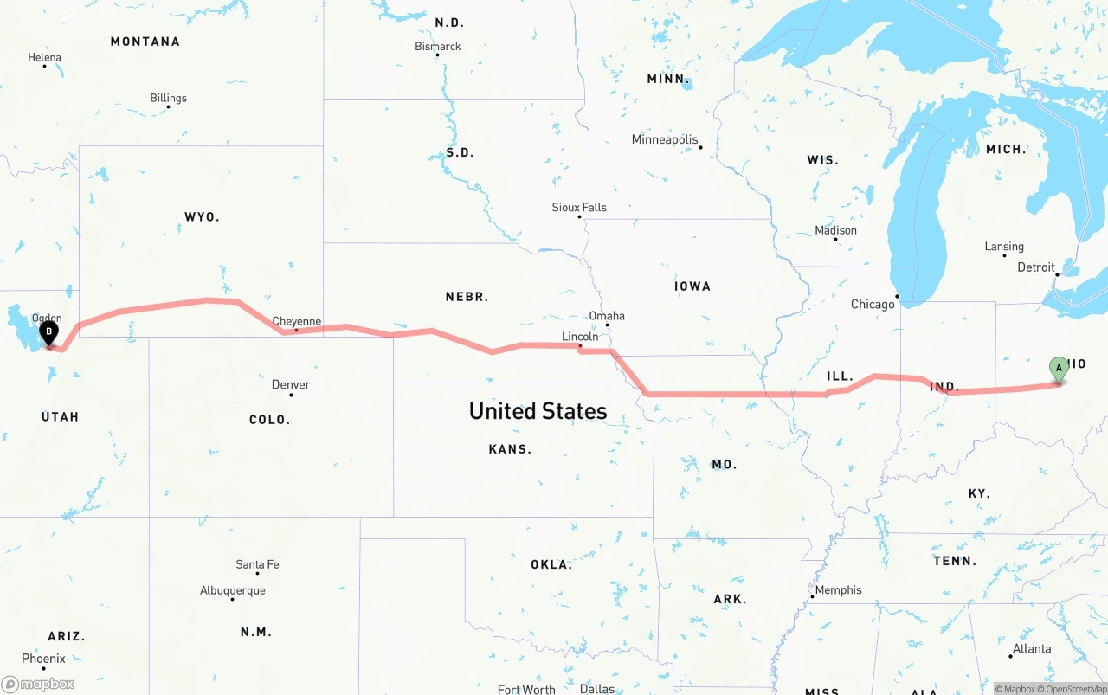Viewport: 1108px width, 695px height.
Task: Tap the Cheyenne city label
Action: [x=297, y=321]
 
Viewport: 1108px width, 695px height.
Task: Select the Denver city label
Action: [x=291, y=384]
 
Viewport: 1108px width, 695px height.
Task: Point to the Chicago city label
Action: [x=873, y=304]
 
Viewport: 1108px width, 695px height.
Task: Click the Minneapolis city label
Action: [x=665, y=139]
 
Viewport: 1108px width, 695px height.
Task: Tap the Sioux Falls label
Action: [x=579, y=207]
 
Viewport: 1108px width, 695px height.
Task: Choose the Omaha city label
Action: [x=607, y=316]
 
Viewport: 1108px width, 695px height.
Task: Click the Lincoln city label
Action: [x=580, y=336]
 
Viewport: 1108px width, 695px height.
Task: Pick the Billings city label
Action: [x=168, y=98]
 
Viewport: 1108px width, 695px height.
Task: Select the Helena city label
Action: [x=45, y=57]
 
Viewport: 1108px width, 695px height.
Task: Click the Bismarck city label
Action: [x=438, y=46]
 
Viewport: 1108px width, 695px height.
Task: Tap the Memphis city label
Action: [x=838, y=589]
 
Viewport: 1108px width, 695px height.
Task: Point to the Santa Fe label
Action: [x=257, y=564]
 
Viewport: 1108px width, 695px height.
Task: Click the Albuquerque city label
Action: [x=233, y=590]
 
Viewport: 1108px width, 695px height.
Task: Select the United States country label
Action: [x=538, y=410]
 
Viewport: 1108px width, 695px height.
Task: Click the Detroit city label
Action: [x=1036, y=267]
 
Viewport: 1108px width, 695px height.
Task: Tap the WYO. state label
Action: [x=202, y=216]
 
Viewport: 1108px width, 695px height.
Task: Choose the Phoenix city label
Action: [x=43, y=659]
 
